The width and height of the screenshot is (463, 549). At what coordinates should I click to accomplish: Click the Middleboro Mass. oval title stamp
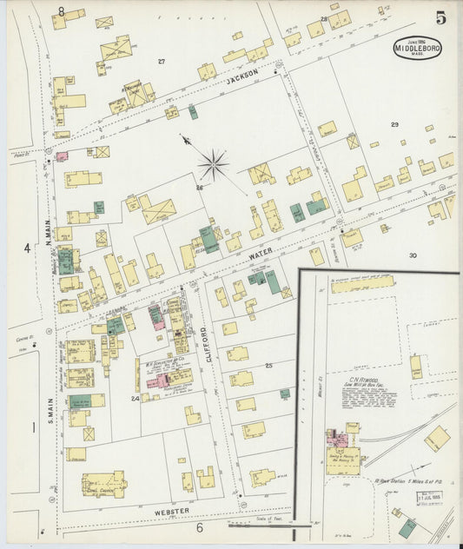[x=417, y=47]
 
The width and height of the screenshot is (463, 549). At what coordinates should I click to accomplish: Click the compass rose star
[x=213, y=162]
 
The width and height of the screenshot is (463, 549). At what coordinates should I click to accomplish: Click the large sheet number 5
[x=441, y=17]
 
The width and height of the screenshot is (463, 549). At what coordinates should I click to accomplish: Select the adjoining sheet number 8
[x=61, y=11]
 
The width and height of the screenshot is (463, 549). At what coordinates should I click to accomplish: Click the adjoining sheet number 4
[x=27, y=248]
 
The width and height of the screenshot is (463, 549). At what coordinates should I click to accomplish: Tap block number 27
[x=161, y=61]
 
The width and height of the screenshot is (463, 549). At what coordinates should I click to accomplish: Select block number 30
[x=413, y=255]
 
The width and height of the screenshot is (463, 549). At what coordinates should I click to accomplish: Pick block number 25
[x=268, y=366]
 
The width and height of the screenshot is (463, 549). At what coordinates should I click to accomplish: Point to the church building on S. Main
[x=103, y=484]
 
